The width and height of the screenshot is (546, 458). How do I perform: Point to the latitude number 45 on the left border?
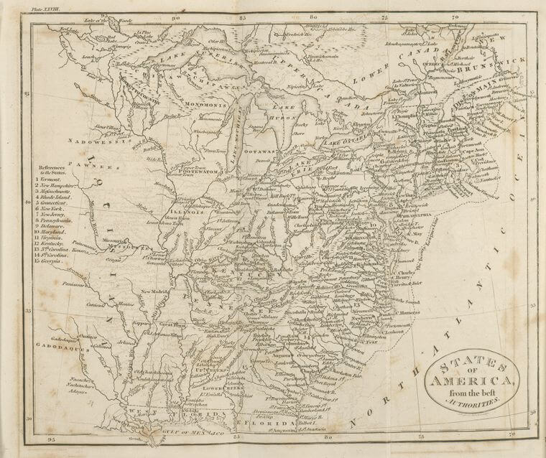click(x=27, y=95)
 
